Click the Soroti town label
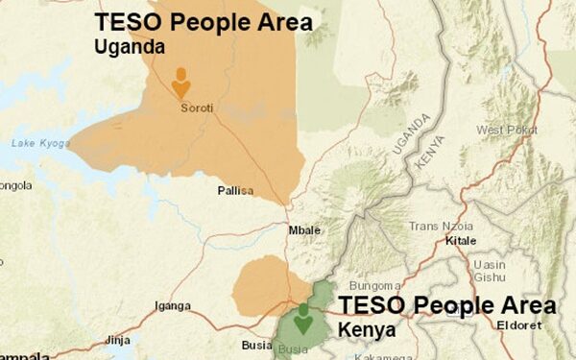coord(196,108)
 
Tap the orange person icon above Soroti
coord(180,83)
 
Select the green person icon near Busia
coord(303,318)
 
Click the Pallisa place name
coord(234,191)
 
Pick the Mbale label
coord(304,230)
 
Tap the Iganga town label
coord(173,307)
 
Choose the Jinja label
coord(117,340)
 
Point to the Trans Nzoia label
coord(442,227)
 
